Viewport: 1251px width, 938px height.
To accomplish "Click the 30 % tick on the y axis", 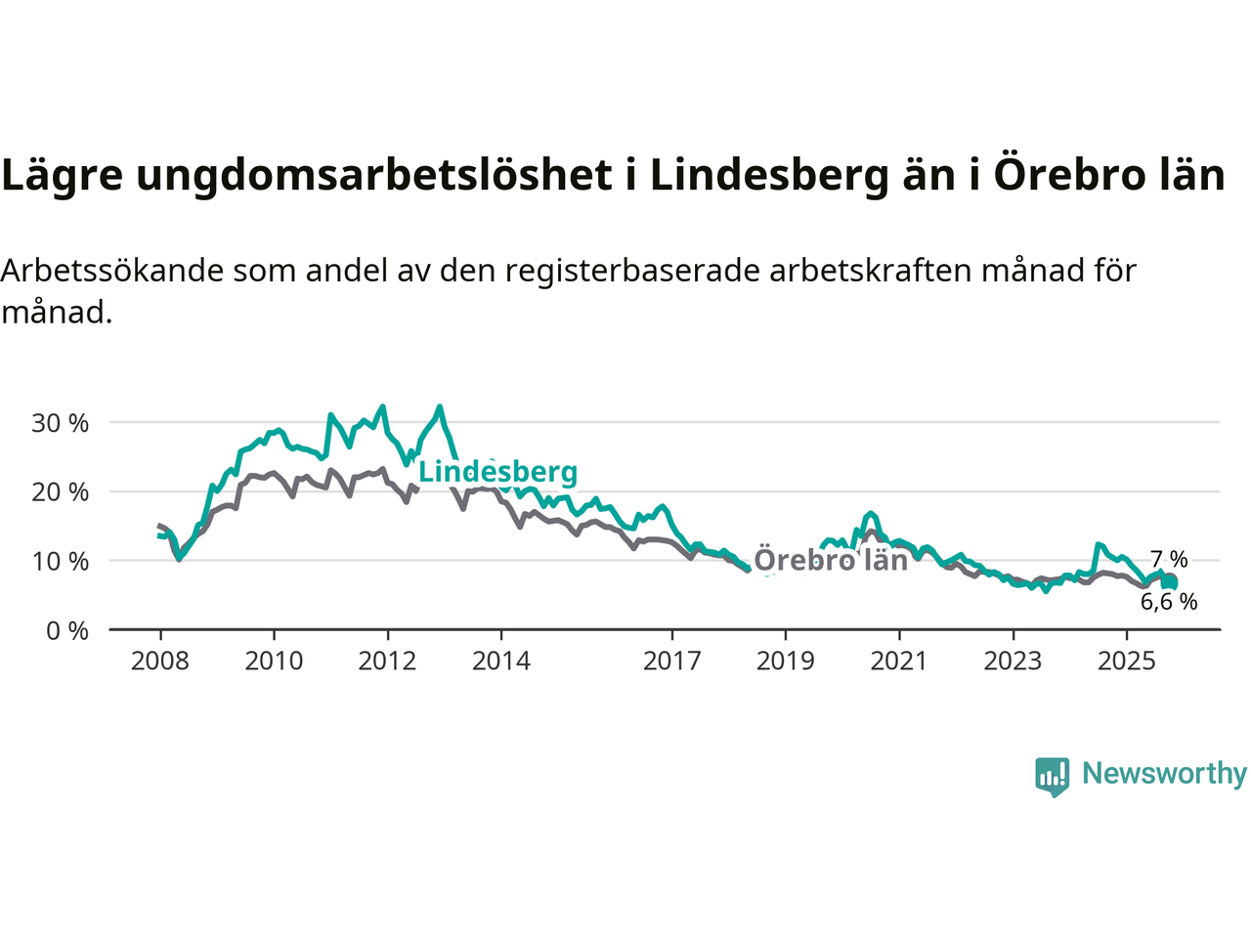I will coord(61,423).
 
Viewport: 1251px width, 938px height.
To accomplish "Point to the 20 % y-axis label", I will coord(61,492).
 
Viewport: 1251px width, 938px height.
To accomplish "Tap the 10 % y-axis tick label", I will coord(61,562).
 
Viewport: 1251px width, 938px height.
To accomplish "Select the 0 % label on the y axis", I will coord(67,631).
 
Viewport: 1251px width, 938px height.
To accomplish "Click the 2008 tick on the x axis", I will coord(160,661).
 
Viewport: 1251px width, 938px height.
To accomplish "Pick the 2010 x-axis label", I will coord(274,661).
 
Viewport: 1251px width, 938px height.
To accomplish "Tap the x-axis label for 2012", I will coord(387,661).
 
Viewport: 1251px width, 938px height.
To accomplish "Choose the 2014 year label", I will coord(501,661).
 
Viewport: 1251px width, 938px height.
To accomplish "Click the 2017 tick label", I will coord(671,661).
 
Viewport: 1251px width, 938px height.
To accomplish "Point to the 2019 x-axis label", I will coord(785,661).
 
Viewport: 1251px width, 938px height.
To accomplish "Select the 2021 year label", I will coord(899,661).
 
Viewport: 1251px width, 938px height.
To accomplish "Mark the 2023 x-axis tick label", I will coord(1013,661).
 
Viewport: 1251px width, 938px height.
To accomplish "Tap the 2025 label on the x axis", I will coord(1126,661).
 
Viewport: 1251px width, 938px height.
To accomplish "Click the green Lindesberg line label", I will coord(498,472).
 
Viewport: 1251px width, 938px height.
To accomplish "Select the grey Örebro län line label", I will coord(831,560).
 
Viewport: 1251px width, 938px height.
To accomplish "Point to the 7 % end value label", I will coord(1169,560).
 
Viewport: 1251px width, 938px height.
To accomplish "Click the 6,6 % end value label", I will coord(1169,602).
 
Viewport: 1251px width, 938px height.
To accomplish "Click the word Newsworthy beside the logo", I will coord(1164,773).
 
